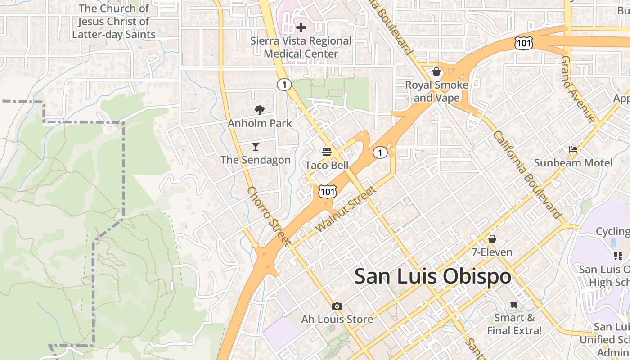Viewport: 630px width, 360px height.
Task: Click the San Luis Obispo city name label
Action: click(432, 276)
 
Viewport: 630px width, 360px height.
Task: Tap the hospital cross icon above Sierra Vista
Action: click(301, 27)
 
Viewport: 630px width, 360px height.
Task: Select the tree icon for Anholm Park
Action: click(259, 110)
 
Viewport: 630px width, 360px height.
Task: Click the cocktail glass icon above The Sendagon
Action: click(256, 147)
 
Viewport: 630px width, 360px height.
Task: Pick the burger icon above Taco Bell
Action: click(327, 152)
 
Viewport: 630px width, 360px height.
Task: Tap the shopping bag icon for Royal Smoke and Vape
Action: click(436, 72)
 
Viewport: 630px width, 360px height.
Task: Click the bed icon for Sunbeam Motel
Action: click(573, 149)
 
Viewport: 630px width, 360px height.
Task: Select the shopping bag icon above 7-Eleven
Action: click(492, 238)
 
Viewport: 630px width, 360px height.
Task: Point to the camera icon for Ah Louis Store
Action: click(337, 306)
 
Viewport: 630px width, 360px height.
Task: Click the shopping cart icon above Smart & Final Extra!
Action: click(514, 305)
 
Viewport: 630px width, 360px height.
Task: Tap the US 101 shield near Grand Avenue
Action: click(524, 43)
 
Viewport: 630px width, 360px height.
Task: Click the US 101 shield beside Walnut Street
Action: click(327, 191)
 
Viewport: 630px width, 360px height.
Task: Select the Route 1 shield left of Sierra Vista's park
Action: click(284, 84)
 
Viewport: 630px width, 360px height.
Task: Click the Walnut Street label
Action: click(346, 209)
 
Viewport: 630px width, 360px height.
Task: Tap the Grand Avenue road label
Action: click(578, 90)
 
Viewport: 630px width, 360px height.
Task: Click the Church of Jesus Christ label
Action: click(114, 21)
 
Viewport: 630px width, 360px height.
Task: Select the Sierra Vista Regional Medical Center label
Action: click(301, 47)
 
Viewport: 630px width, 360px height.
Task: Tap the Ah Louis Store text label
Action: click(337, 319)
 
